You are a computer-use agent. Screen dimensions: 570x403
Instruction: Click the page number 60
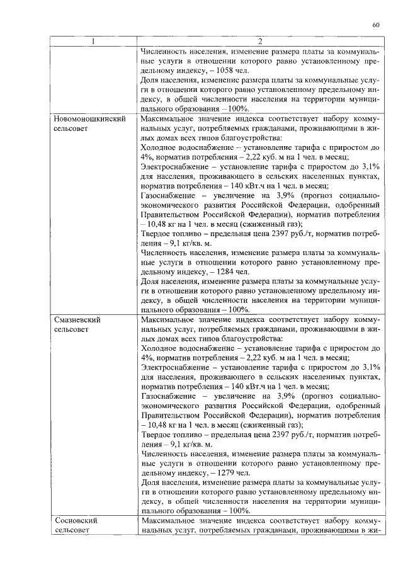[375, 25]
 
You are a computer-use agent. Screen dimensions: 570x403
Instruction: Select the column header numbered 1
[93, 42]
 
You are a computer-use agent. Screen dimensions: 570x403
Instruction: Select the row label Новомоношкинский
[90, 118]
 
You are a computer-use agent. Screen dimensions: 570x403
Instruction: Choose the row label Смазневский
[77, 319]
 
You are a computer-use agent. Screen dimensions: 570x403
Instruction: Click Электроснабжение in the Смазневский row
[174, 367]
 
